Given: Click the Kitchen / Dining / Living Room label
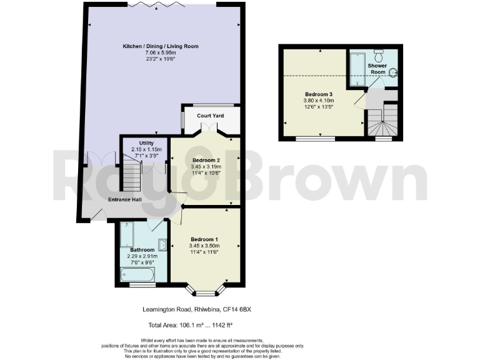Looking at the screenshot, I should pyautogui.click(x=160, y=46).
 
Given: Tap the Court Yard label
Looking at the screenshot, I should pyautogui.click(x=211, y=116).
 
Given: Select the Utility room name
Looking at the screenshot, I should pyautogui.click(x=146, y=143).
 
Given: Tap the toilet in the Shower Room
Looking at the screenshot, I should pyautogui.click(x=379, y=53).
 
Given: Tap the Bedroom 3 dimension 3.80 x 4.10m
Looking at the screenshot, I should pyautogui.click(x=319, y=100).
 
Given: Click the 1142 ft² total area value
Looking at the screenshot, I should pyautogui.click(x=218, y=325).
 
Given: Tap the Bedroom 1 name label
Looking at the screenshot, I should pyautogui.click(x=204, y=240).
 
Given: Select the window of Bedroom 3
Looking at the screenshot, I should pyautogui.click(x=315, y=138).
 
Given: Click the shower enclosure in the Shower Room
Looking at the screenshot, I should pyautogui.click(x=357, y=69).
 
